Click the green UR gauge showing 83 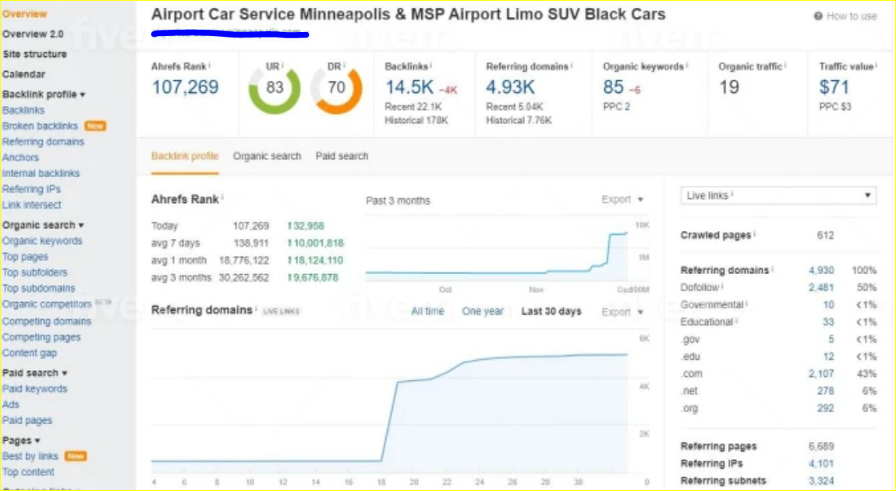tap(274, 87)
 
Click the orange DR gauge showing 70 tap(336, 87)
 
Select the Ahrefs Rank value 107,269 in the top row tap(185, 87)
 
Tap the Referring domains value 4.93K tap(510, 87)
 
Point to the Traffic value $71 tap(834, 87)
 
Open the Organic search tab tap(267, 156)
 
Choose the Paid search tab tap(342, 156)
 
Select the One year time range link tap(483, 311)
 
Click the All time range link tap(427, 311)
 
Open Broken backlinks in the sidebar tap(40, 126)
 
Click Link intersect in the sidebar tap(31, 205)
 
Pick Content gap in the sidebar tap(30, 353)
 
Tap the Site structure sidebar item tap(34, 55)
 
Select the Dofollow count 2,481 tap(821, 287)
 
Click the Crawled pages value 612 tap(825, 235)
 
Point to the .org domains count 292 tap(826, 408)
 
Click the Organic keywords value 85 tap(614, 87)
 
